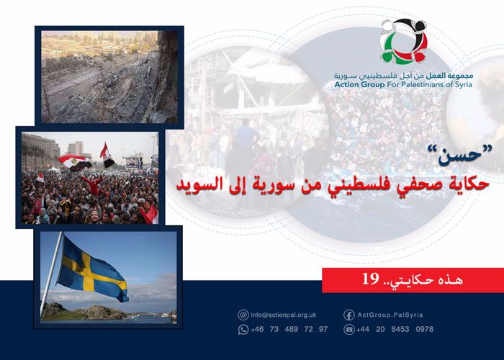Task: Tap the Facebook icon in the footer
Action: point(348,315)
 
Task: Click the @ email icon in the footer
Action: point(243,315)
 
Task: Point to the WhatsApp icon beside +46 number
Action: point(243,329)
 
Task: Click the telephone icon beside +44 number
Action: point(348,329)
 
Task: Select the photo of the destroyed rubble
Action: point(109,76)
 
